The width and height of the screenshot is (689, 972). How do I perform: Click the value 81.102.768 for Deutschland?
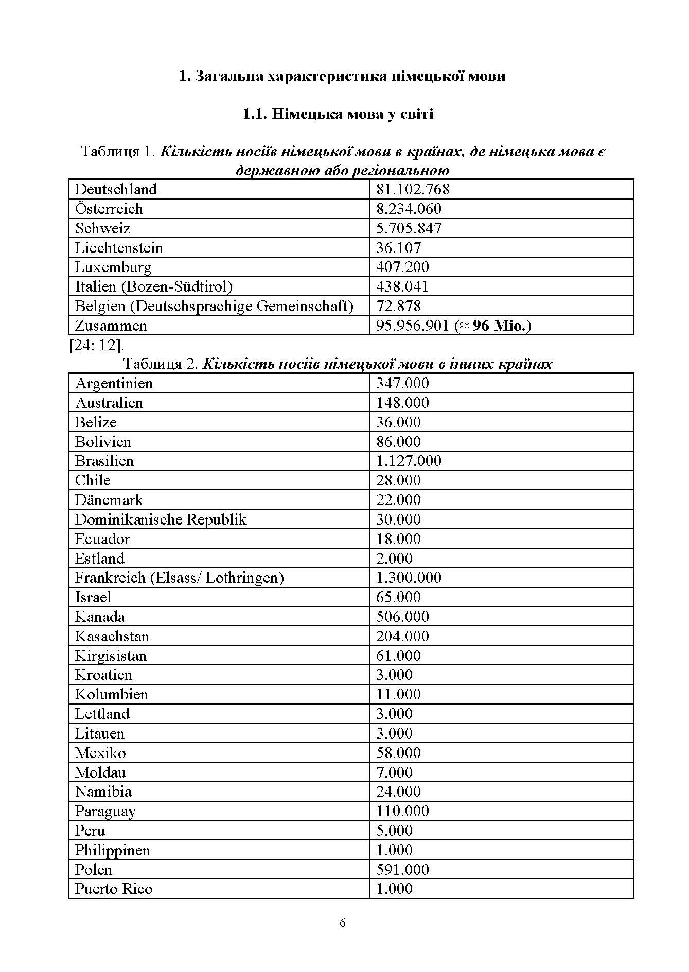pos(413,189)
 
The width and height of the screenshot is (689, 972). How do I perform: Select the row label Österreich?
pos(109,209)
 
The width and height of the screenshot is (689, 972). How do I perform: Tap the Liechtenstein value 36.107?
pos(398,248)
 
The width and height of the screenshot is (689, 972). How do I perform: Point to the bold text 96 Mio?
pos(501,326)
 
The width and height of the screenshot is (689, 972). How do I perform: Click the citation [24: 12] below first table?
pos(96,345)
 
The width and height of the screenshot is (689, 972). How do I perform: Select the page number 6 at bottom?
pos(343,923)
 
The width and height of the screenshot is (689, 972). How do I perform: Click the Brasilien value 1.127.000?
pos(409,461)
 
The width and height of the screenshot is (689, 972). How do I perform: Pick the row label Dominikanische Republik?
pos(161,519)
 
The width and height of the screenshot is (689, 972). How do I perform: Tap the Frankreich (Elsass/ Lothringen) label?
pos(179,578)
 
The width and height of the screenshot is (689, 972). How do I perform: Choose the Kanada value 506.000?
pos(402,617)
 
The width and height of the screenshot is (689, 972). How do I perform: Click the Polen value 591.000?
pos(402,870)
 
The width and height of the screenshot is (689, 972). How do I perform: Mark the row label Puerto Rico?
pos(113,889)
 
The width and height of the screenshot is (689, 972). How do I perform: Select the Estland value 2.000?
pos(394,559)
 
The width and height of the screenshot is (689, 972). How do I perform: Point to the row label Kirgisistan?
pos(111,656)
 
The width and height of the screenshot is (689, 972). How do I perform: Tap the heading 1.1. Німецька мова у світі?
pos(338,114)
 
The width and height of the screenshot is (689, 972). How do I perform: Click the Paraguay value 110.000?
pos(402,811)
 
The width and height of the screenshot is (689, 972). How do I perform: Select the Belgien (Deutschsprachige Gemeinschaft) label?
pos(214,306)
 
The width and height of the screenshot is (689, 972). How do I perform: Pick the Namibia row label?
pos(103,791)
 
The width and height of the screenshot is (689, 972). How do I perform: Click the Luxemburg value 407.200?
pos(402,267)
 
